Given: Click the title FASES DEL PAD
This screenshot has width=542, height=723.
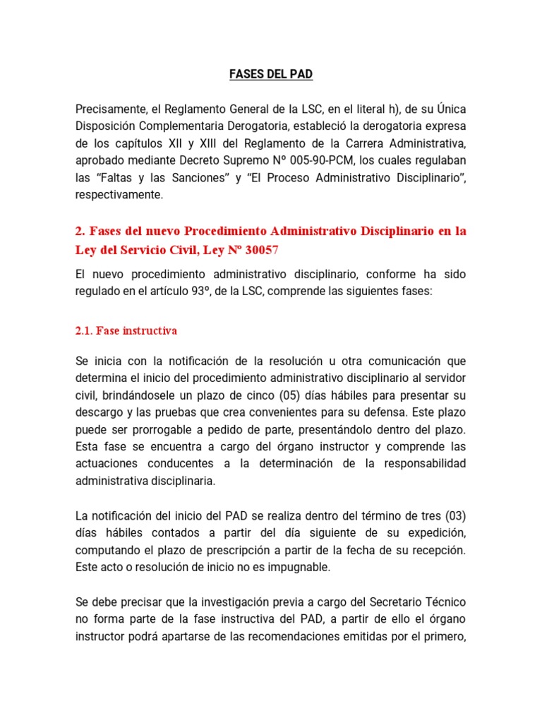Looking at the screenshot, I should point(271,73).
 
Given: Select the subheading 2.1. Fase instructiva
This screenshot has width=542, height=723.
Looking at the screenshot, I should point(126,330).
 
